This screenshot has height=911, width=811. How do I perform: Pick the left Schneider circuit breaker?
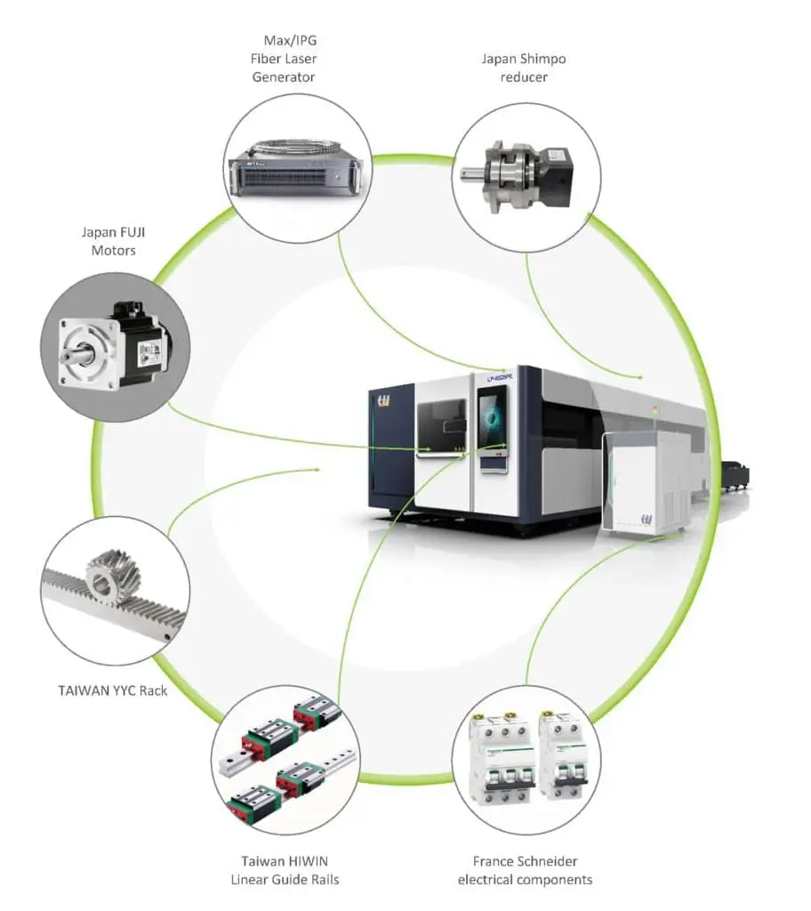coord(502,757)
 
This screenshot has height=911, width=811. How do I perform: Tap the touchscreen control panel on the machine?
coord(492,419)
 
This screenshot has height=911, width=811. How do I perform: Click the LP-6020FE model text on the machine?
coord(502,377)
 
